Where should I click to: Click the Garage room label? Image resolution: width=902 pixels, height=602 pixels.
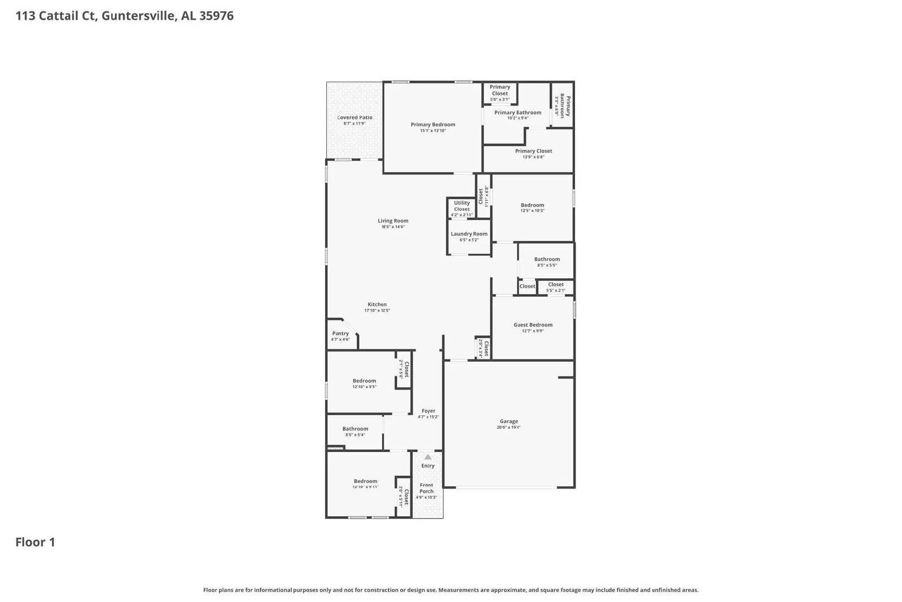coord(509,421)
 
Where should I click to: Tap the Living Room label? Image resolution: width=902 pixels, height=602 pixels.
coord(393,221)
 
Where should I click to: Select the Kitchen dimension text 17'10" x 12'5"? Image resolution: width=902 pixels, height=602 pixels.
coord(377,311)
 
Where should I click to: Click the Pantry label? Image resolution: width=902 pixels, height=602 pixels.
coord(341,333)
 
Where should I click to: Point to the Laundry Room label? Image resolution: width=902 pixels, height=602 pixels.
coord(469,234)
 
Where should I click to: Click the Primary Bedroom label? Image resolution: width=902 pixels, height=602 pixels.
coord(433,125)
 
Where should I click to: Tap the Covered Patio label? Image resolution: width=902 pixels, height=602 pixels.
coord(355,117)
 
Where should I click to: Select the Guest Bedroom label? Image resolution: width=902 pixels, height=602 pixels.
coord(533,325)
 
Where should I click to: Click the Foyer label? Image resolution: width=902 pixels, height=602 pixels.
coord(428,411)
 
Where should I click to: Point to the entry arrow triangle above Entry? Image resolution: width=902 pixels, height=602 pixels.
coord(428,457)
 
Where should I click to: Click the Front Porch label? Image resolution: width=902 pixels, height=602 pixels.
coord(427,488)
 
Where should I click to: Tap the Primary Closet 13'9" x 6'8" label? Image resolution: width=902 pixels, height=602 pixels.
coord(533,151)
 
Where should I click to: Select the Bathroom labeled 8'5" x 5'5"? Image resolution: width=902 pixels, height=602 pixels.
coord(547,260)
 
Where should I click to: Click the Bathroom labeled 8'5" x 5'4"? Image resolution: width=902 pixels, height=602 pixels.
coord(355,429)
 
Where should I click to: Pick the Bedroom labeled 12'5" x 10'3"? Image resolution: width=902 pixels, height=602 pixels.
coord(532,205)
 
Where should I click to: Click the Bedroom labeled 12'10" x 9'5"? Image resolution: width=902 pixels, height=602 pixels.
coord(364,381)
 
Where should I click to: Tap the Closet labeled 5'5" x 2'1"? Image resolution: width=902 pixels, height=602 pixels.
coord(556,285)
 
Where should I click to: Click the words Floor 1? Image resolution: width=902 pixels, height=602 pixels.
coord(35,542)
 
